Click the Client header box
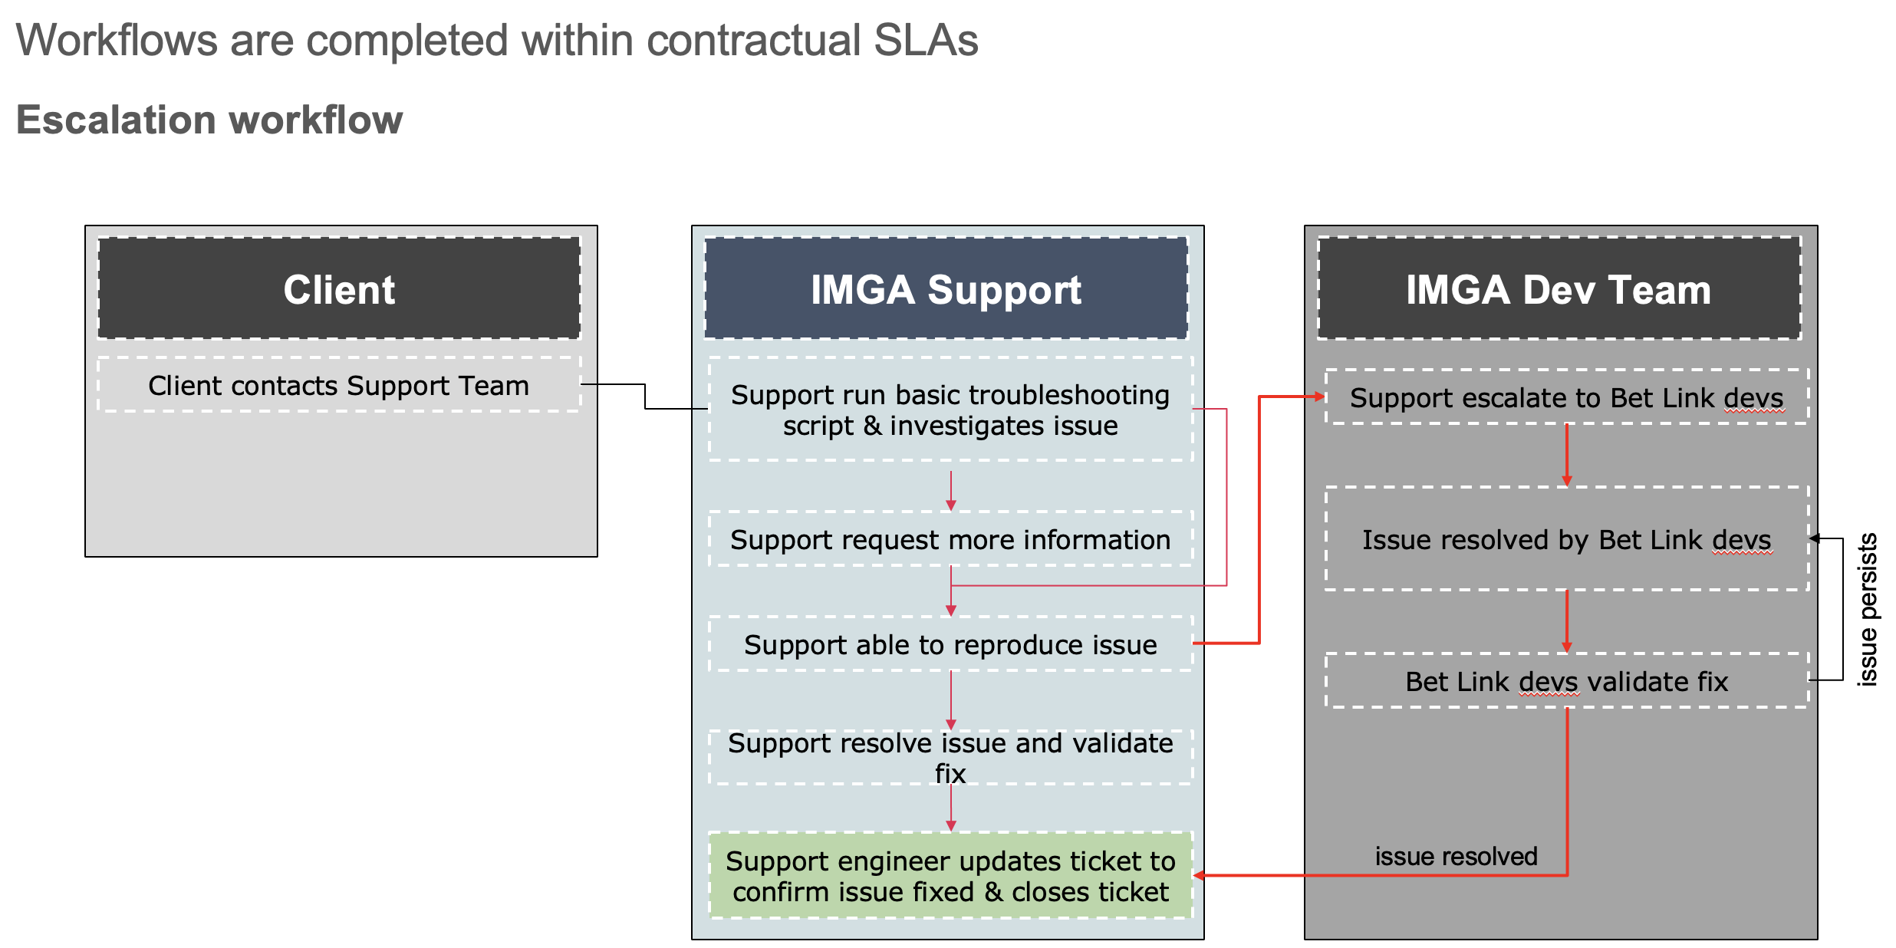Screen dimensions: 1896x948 (x=339, y=288)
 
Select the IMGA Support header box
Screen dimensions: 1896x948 (x=946, y=288)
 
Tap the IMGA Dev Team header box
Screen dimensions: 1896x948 (x=1559, y=288)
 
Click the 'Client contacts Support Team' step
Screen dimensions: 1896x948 (x=339, y=385)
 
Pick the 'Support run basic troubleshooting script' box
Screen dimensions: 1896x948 (x=950, y=410)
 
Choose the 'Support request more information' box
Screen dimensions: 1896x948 (x=950, y=539)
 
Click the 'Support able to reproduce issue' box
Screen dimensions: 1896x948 (x=950, y=644)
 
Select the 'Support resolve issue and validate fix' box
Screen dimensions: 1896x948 (x=950, y=757)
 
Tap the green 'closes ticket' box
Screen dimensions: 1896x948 (x=950, y=876)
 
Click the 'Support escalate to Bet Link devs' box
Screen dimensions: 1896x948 (x=1567, y=397)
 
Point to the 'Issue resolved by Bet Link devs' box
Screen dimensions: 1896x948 (x=1567, y=539)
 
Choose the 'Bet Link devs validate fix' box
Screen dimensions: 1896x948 (x=1567, y=681)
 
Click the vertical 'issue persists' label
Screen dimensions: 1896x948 (x=1867, y=609)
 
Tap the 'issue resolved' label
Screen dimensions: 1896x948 (x=1456, y=856)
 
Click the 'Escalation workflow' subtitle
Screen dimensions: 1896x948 (x=209, y=120)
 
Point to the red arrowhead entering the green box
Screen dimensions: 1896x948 (x=1199, y=875)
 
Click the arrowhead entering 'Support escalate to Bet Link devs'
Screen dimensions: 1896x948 (x=1320, y=397)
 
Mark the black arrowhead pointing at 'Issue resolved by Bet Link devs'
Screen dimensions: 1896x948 (x=1815, y=538)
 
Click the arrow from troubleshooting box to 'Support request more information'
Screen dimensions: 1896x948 (x=951, y=491)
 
